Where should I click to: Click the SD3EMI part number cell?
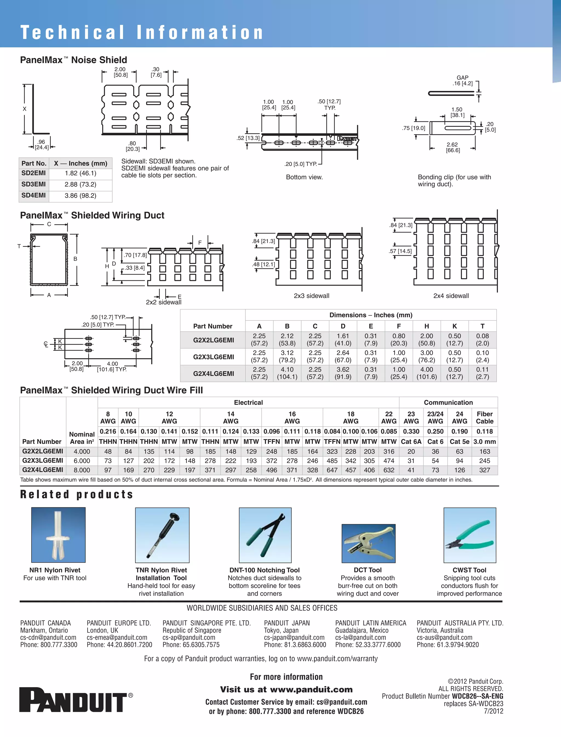[x=34, y=184]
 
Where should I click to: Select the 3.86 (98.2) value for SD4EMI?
[x=81, y=196]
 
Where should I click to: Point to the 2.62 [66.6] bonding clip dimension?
[x=453, y=147]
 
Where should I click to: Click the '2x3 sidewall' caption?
[x=311, y=296]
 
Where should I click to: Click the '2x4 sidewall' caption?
[x=451, y=296]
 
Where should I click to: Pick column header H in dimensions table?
[x=427, y=326]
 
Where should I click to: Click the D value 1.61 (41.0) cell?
[x=343, y=340]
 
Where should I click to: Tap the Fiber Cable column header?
[x=485, y=418]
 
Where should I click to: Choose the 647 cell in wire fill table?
[x=332, y=470]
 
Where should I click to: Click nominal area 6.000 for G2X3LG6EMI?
[x=82, y=461]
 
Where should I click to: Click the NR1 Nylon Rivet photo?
[x=58, y=535]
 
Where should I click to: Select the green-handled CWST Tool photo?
[x=470, y=535]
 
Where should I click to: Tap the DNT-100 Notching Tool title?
[x=264, y=570]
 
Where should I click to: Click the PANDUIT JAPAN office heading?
[x=287, y=623]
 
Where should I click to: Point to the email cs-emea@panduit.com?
[x=117, y=638]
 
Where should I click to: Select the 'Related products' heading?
[x=77, y=494]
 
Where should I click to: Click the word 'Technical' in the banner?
[x=73, y=32]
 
